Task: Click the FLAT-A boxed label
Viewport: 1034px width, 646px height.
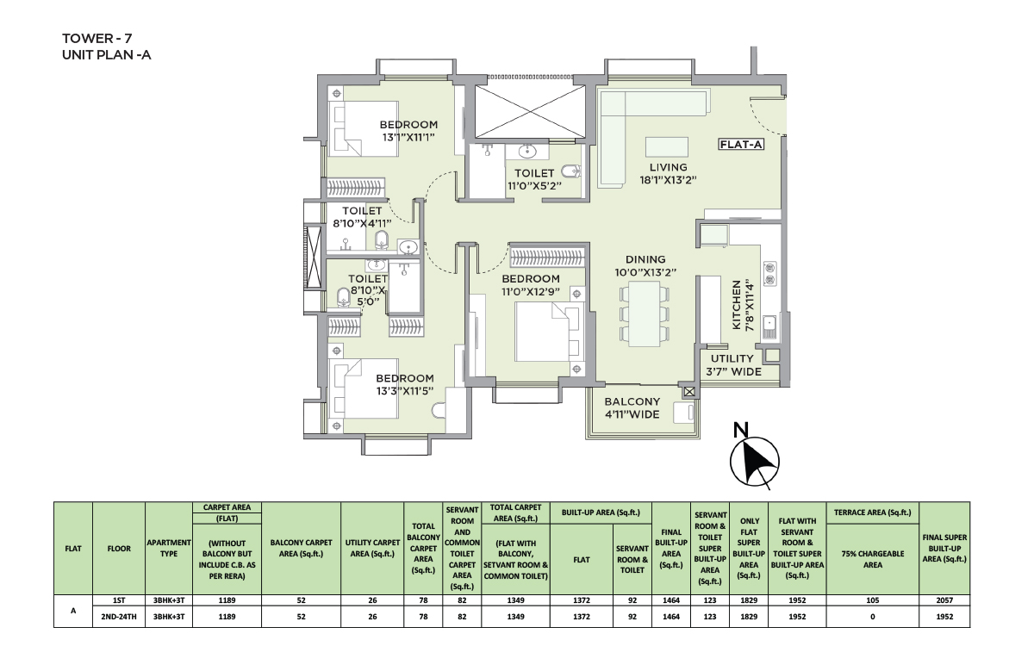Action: point(741,145)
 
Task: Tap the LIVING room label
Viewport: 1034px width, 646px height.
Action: point(669,167)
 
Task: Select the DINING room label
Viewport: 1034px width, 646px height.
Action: point(645,259)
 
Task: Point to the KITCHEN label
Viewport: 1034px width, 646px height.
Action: point(737,305)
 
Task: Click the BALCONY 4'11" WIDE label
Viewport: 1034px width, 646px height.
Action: point(632,408)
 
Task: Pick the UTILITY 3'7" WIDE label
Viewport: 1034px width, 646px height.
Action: point(733,365)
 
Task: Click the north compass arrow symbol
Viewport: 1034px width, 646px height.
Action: point(754,462)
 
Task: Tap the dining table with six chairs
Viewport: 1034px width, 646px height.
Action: point(645,314)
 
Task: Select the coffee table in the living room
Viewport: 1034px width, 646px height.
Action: point(667,147)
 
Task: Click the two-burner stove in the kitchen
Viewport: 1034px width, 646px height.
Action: point(770,274)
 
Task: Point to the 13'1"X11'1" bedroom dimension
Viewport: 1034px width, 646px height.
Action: point(408,138)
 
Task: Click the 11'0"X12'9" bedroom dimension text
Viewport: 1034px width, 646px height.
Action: point(531,292)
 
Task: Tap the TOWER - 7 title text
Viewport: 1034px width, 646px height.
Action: point(97,38)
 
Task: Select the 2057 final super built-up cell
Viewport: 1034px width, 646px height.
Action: point(944,600)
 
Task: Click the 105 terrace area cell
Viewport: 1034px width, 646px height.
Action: point(872,600)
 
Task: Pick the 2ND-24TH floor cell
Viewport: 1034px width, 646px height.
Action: point(119,617)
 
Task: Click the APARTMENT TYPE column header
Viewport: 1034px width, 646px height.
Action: point(169,548)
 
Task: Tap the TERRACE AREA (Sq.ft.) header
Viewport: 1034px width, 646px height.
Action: point(872,512)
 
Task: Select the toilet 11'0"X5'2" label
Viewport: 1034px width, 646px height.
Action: point(534,179)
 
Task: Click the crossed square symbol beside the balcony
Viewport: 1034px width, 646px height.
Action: point(689,392)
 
